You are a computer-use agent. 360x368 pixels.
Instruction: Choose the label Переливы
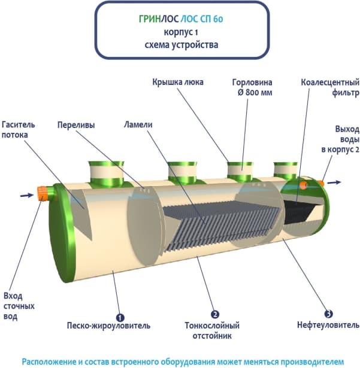pos(77,126)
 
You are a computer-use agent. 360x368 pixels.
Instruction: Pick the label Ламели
pos(138,126)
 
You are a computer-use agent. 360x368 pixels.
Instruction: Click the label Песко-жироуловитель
pos(108,326)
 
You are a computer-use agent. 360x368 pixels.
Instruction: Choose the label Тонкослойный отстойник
pos(213,331)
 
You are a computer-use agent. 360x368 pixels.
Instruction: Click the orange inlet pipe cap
pos(43,194)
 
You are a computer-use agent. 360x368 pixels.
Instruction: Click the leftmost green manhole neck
pos(106,174)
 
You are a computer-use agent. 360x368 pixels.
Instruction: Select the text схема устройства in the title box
pos(182,44)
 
